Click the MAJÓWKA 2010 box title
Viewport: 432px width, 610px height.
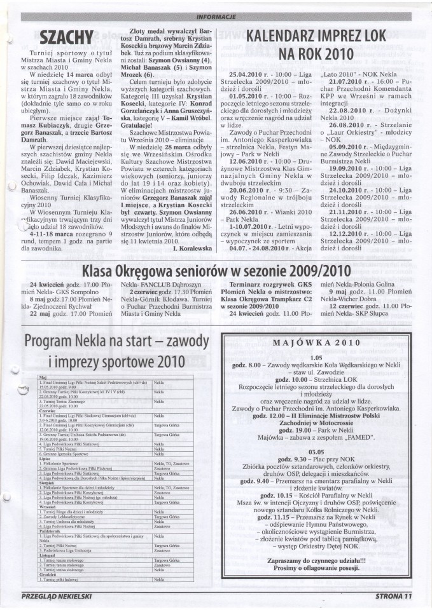tap(316, 343)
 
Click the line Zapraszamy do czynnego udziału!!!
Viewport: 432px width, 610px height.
tap(316, 571)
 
